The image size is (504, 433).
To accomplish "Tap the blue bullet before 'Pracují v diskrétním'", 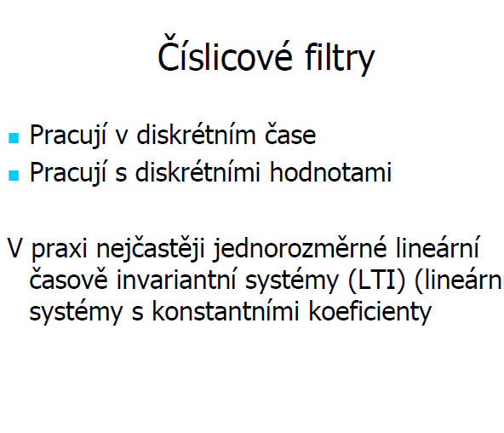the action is click(14, 138).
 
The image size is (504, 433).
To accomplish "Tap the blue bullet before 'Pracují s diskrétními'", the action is click(14, 176).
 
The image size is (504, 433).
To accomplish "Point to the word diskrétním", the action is click(196, 134).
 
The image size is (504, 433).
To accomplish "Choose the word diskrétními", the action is click(198, 171).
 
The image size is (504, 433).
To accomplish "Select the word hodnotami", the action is click(330, 171).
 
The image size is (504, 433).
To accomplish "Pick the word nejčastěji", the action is click(151, 249).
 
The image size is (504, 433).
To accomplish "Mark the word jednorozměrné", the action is click(300, 248).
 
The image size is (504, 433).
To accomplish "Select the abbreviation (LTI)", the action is click(376, 280).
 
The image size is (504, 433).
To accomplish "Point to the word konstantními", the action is click(226, 311).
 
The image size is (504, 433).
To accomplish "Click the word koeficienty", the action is click(370, 311).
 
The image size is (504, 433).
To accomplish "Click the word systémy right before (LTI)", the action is click(292, 280).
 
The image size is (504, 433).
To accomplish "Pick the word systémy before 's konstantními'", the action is click(76, 312).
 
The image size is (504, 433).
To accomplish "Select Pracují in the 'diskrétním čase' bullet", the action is click(68, 136).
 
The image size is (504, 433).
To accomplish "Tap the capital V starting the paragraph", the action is click(14, 248).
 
